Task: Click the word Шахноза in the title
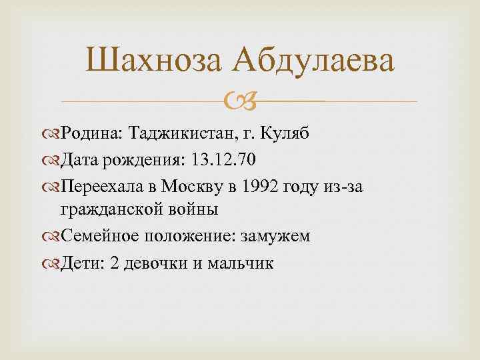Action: click(x=152, y=62)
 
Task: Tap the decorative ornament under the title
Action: click(x=239, y=102)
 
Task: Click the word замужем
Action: click(x=278, y=237)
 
